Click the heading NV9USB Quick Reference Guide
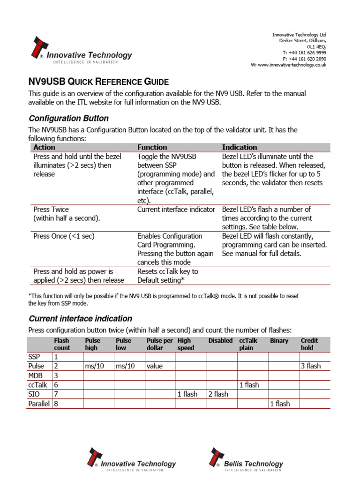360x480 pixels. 98,82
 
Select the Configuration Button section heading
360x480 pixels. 68,118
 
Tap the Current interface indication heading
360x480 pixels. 80,319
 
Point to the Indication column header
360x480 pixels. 239,147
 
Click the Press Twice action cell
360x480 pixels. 67,214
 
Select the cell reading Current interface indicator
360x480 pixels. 176,210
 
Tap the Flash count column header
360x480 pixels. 62,344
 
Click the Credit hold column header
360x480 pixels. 309,344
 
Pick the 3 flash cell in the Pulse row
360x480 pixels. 310,366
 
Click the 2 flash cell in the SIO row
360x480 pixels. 218,394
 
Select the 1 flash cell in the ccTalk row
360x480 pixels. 249,385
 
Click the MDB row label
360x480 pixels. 36,375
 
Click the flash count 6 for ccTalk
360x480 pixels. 56,385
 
